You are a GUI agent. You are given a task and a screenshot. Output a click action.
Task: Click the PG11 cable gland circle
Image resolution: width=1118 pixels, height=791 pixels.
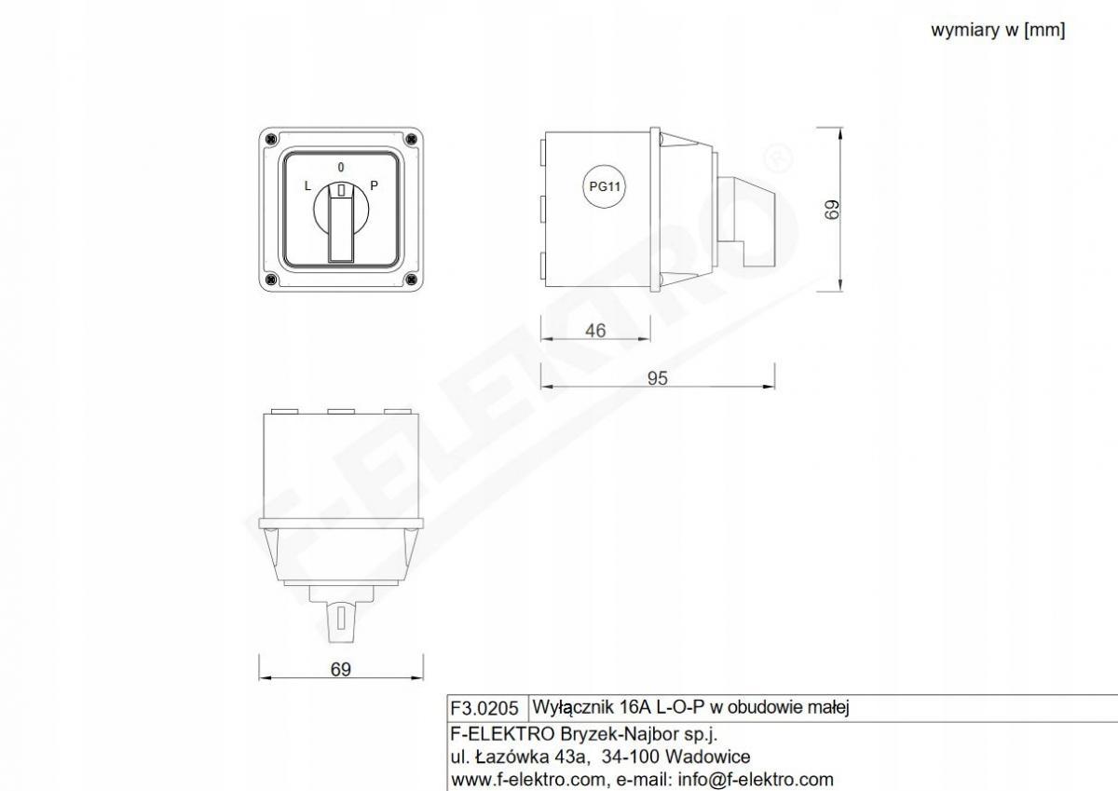tap(605, 186)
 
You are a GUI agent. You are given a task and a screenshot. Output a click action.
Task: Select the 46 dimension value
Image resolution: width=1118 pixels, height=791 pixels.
tap(595, 331)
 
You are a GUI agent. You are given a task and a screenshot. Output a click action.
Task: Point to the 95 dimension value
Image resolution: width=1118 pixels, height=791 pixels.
tap(658, 378)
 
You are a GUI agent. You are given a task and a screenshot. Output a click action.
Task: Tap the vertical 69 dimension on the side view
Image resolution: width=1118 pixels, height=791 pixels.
tap(832, 210)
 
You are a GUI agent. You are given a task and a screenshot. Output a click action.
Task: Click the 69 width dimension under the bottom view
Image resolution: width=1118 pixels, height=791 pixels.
tap(341, 669)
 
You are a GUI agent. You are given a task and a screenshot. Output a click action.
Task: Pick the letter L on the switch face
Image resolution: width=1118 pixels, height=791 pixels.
tap(307, 186)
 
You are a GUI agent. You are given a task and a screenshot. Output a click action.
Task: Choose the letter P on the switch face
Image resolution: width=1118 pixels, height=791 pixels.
tap(374, 185)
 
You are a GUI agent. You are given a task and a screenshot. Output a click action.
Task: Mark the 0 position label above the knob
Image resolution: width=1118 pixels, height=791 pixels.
tap(341, 167)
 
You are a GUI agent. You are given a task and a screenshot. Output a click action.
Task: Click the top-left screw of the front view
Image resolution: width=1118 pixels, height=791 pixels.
tap(271, 139)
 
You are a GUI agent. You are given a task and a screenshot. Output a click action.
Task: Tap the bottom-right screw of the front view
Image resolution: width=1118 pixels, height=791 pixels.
tap(411, 280)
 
